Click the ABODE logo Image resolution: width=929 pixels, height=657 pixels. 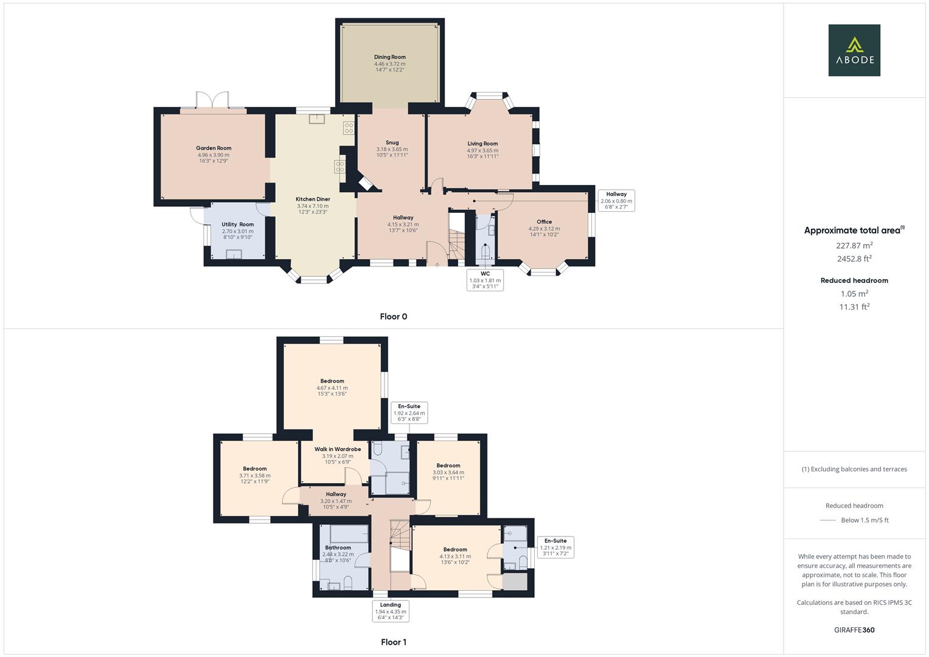coord(854,50)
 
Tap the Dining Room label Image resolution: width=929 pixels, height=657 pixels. coord(389,57)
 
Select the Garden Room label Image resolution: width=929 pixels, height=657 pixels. coord(214,148)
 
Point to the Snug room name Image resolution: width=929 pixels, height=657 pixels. coord(392,143)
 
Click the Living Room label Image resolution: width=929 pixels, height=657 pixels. coord(482,144)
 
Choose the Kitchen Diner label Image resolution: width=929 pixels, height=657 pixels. coord(313,199)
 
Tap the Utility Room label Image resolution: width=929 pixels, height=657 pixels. coord(237,224)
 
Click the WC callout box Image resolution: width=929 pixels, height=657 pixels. coord(485,280)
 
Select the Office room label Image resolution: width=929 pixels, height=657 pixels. coord(544,222)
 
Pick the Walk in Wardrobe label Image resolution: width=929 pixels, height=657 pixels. coord(337,449)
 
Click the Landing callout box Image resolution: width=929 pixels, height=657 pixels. coord(391,611)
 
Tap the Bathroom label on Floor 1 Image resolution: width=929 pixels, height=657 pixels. coord(338,547)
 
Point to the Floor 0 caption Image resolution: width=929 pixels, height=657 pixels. coord(393,316)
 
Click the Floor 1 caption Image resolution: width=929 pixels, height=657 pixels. coord(393,642)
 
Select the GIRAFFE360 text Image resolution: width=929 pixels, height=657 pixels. coord(854,630)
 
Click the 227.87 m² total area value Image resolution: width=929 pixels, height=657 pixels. coord(854,246)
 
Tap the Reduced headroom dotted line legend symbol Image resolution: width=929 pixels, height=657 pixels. coord(828,520)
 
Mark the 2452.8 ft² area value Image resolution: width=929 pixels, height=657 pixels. coord(854,259)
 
